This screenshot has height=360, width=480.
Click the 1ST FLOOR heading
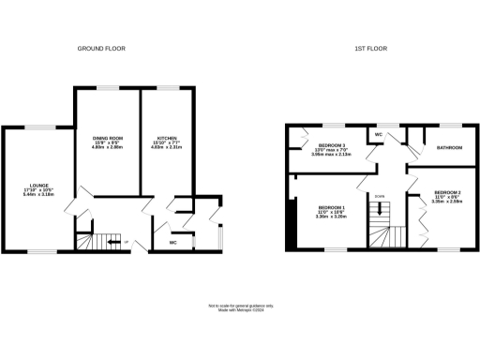[x=370, y=48]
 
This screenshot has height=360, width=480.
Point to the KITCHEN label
[x=168, y=140]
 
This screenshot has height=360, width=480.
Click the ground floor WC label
[x=172, y=243]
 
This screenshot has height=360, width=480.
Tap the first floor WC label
[x=378, y=135]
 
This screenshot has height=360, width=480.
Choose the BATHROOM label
[x=448, y=147]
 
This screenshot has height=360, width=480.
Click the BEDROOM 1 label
[x=331, y=207]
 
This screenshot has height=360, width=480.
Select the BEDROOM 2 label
[x=446, y=193]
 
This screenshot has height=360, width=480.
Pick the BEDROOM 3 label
[x=332, y=145]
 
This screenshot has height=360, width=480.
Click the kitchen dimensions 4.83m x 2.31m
[x=168, y=148]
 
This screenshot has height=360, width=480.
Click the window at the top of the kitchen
[x=169, y=87]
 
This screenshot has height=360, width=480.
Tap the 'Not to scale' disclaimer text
[x=240, y=306]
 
